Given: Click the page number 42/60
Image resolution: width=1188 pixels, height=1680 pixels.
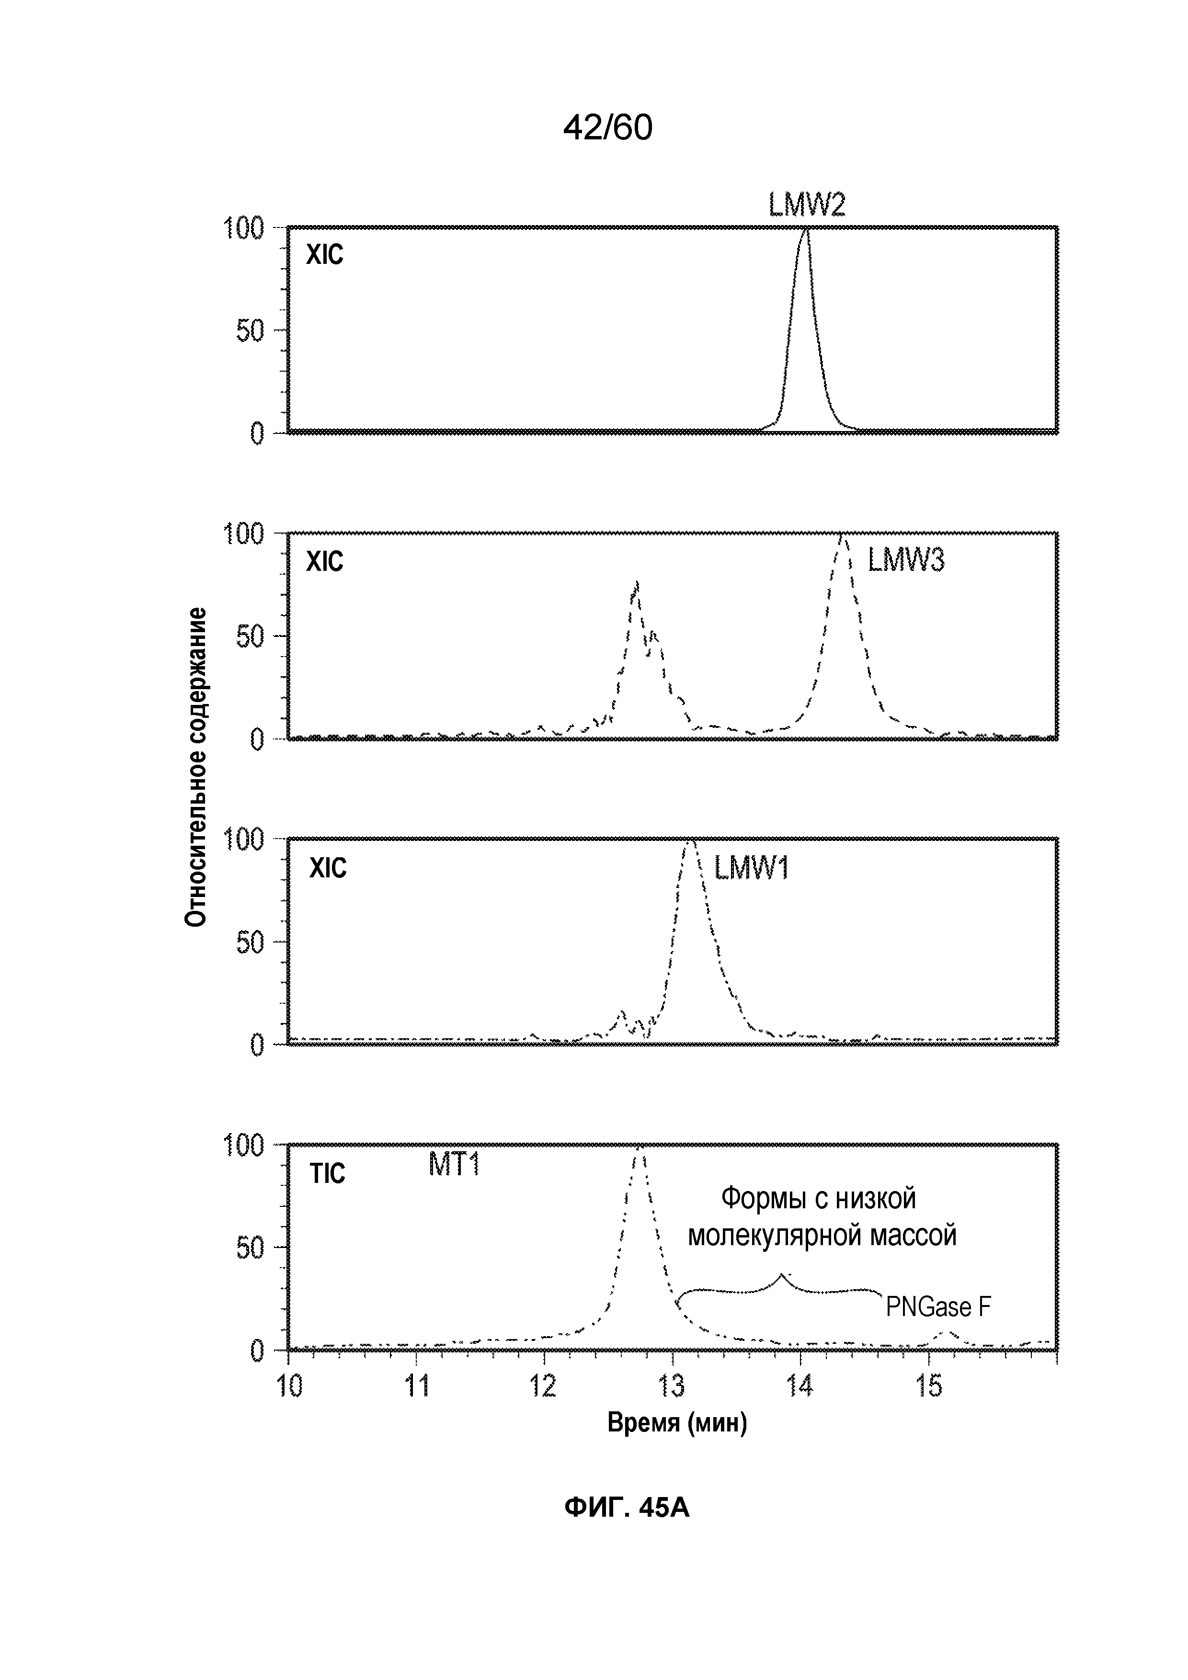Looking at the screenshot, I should (607, 128).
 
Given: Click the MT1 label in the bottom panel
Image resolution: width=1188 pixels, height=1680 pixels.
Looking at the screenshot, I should (454, 1164).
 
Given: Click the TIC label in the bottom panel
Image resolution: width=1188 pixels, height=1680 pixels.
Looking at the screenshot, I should (327, 1174).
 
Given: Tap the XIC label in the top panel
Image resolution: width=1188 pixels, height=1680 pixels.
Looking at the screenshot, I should (324, 255).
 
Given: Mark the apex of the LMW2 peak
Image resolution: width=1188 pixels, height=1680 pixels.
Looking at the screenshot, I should (805, 230).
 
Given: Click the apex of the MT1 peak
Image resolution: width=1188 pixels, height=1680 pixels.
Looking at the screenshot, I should (639, 1148).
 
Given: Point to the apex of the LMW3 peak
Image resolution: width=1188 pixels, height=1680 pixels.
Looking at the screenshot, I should (843, 536).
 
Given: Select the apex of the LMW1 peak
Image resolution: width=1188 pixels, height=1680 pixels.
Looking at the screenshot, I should (689, 841).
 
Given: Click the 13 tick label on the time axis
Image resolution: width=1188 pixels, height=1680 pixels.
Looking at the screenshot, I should (672, 1386).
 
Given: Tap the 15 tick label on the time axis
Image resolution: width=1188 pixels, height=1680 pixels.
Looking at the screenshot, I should (929, 1386).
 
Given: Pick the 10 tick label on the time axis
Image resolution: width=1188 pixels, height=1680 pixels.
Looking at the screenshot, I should (290, 1386).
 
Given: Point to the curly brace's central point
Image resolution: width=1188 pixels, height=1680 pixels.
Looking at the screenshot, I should (781, 1274).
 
